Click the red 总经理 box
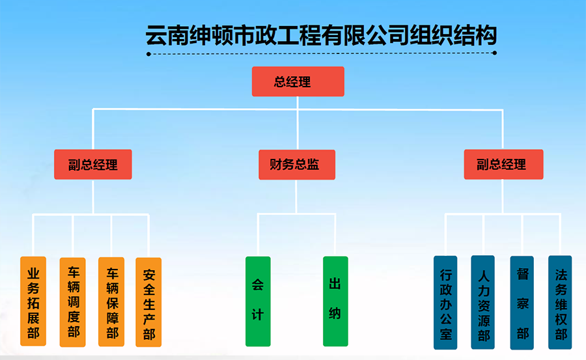point(298,81)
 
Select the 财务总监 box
point(297,165)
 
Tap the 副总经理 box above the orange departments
point(93,165)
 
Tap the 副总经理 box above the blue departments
point(503,165)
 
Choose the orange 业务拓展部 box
point(33,301)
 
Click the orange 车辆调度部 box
point(72,302)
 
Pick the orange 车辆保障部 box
point(111,301)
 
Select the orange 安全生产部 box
point(148,302)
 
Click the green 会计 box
point(258,301)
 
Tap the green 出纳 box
point(335,301)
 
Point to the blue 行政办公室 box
point(445,303)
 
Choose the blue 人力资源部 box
point(483,302)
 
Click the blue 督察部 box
point(522,303)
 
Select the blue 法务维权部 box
point(560,303)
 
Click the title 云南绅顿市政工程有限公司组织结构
point(321,36)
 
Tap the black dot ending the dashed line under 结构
point(494,53)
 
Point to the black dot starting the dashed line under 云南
point(148,54)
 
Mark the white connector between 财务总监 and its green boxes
point(296,214)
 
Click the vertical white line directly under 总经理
point(298,123)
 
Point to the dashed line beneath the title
point(322,53)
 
